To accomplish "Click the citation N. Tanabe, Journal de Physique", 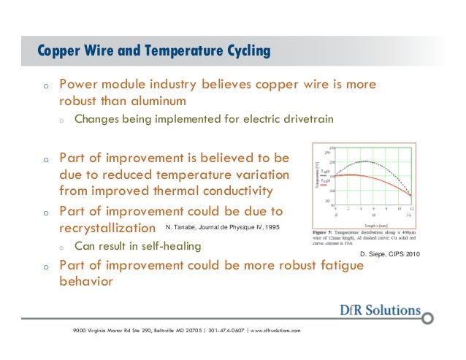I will point(222,228).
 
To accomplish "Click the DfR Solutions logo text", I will point(380,310).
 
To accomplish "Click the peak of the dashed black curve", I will point(356,161).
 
